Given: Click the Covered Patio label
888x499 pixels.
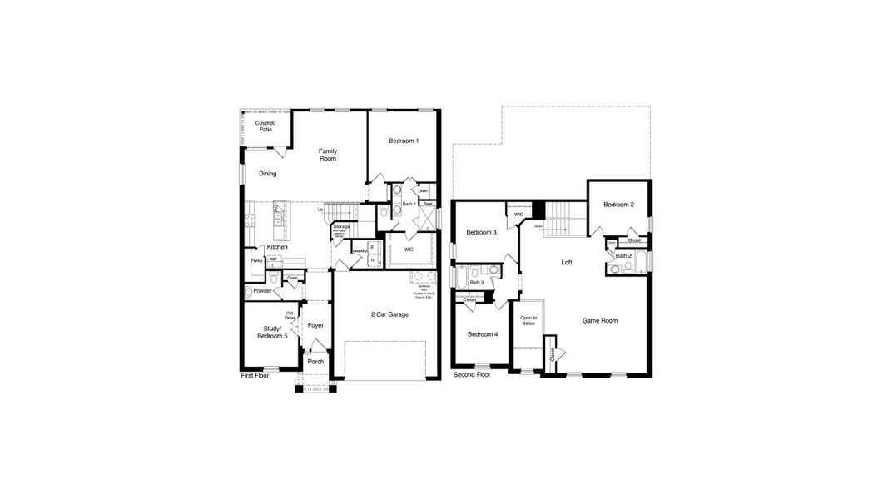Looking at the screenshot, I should pyautogui.click(x=265, y=126).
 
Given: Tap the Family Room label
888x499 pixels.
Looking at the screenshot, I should pyautogui.click(x=327, y=155).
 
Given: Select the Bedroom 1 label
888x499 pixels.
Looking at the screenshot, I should pyautogui.click(x=403, y=141).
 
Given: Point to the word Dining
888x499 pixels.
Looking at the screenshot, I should pyautogui.click(x=267, y=174).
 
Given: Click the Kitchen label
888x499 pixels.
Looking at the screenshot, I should pyautogui.click(x=277, y=247).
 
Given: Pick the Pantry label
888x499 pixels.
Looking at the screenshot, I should pyautogui.click(x=256, y=261).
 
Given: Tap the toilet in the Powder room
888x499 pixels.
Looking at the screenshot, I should pyautogui.click(x=248, y=292).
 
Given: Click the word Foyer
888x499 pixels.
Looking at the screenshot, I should pyautogui.click(x=315, y=325).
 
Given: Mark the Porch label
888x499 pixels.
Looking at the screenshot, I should pyautogui.click(x=315, y=362).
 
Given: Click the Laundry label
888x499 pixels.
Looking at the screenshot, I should pyautogui.click(x=360, y=250).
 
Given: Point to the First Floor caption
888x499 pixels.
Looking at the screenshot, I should pyautogui.click(x=255, y=376).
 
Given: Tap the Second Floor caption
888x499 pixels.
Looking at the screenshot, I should pyautogui.click(x=472, y=375).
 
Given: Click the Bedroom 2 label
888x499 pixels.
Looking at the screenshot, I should pyautogui.click(x=619, y=205).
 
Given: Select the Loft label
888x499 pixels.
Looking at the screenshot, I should pyautogui.click(x=567, y=262).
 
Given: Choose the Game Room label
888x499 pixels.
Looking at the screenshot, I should pyautogui.click(x=599, y=320).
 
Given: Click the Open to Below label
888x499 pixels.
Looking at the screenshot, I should pyautogui.click(x=528, y=321).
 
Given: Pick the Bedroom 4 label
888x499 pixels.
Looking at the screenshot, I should pyautogui.click(x=482, y=334).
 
